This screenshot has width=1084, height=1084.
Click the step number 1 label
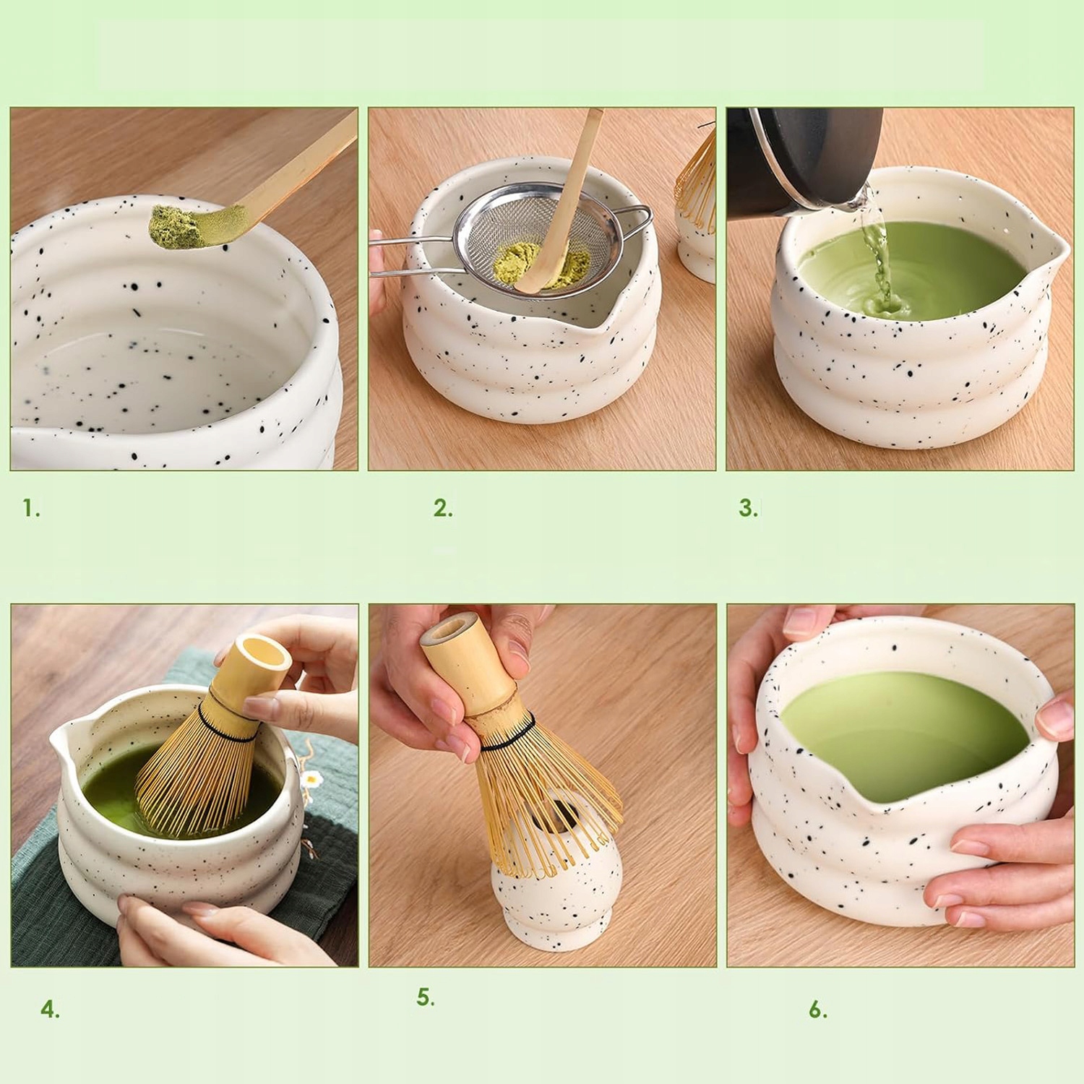(31, 508)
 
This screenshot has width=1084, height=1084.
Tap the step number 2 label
(443, 508)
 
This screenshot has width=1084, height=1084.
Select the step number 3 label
(748, 508)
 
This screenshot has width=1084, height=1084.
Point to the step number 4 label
(50, 1010)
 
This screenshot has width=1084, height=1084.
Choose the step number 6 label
(817, 1010)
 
